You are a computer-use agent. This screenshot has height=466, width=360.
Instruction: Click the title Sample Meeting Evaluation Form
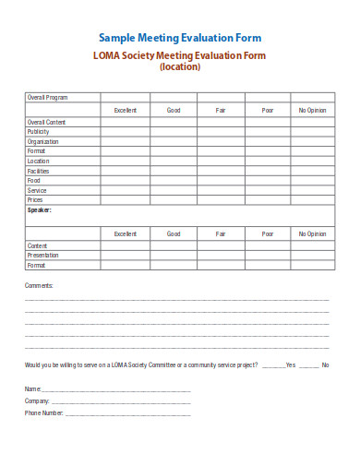pyautogui.click(x=180, y=38)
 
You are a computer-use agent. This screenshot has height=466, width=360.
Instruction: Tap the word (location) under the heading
pyautogui.click(x=179, y=67)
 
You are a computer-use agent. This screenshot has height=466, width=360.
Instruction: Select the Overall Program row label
pyautogui.click(x=47, y=97)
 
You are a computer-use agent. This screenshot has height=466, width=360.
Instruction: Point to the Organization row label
pyautogui.click(x=42, y=141)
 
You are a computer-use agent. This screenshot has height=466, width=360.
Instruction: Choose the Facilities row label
pyautogui.click(x=39, y=171)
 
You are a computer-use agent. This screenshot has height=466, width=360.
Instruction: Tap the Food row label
pyautogui.click(x=33, y=180)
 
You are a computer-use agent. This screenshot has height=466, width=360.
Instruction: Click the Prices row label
pyautogui.click(x=35, y=199)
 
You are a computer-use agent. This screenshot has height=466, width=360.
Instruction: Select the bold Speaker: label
pyautogui.click(x=40, y=209)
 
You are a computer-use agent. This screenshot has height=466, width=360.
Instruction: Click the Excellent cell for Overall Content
pyautogui.click(x=125, y=122)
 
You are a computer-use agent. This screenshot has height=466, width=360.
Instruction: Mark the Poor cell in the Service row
pyautogui.click(x=267, y=190)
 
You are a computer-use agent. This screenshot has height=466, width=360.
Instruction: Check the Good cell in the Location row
pyautogui.click(x=174, y=161)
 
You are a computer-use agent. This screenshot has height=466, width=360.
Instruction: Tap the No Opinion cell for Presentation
pyautogui.click(x=312, y=256)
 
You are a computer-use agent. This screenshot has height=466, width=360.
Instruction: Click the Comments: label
pyautogui.click(x=39, y=285)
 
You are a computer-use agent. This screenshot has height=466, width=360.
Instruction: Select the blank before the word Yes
pyautogui.click(x=274, y=365)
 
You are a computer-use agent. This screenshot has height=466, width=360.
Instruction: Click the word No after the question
pyautogui.click(x=325, y=365)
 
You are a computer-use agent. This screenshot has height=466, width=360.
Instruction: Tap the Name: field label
pyautogui.click(x=33, y=388)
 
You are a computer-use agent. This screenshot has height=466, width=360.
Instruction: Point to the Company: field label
pyautogui.click(x=37, y=400)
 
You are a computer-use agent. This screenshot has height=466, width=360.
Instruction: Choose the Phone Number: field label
pyautogui.click(x=44, y=412)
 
